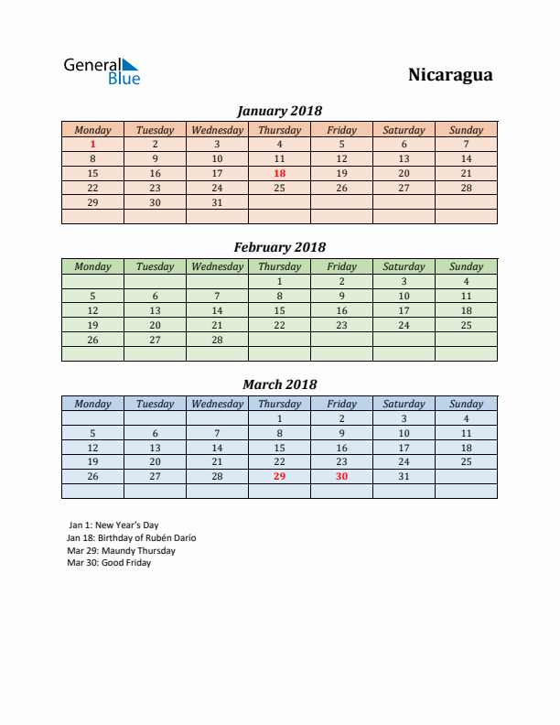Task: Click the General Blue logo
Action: [x=101, y=71]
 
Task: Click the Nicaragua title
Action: [x=449, y=75]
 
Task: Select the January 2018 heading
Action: [x=279, y=111]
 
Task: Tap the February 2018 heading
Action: [x=279, y=247]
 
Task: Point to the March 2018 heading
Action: [x=279, y=384]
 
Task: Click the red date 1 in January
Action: [x=92, y=144]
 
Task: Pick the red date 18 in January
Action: [x=279, y=173]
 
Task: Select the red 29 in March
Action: [x=279, y=476]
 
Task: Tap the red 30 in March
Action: [x=341, y=476]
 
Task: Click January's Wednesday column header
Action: [x=217, y=130]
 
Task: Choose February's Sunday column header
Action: [x=466, y=266]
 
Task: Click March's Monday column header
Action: [x=92, y=404]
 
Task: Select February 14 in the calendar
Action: [x=217, y=310]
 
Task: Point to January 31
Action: [x=217, y=202]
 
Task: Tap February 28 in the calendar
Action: [x=217, y=340]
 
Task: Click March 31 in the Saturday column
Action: [x=404, y=476]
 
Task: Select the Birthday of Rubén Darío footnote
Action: [x=132, y=538]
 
